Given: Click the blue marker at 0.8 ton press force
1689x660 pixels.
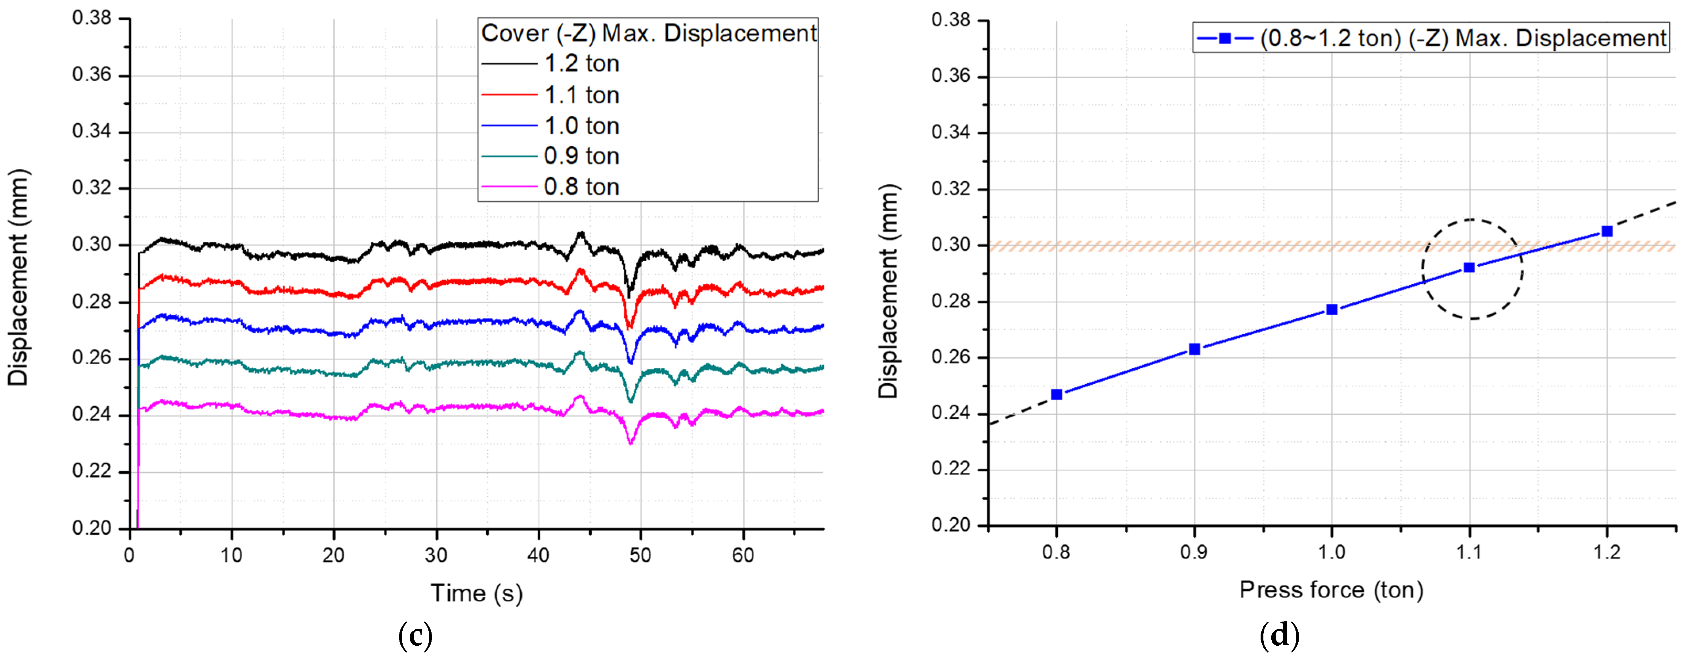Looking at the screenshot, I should point(1056,394).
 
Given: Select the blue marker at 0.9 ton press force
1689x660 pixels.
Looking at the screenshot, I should point(1195,349).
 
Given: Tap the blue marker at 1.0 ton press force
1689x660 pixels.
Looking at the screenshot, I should point(1332,310).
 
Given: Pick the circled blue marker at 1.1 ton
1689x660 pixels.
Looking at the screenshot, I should point(1469,268).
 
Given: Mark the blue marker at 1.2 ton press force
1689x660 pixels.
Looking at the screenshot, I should point(1607,231).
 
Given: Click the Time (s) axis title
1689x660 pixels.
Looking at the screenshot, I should point(477,593).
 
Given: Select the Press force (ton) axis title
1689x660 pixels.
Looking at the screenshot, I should point(1331,590).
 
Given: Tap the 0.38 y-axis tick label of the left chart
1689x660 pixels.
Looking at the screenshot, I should point(92,18).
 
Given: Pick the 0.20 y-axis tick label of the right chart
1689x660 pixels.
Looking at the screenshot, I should point(951,525).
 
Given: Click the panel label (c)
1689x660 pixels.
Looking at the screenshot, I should point(415,635).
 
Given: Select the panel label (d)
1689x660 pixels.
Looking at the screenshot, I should point(1279,635).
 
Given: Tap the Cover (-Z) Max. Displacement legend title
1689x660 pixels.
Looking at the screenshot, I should point(648,33).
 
